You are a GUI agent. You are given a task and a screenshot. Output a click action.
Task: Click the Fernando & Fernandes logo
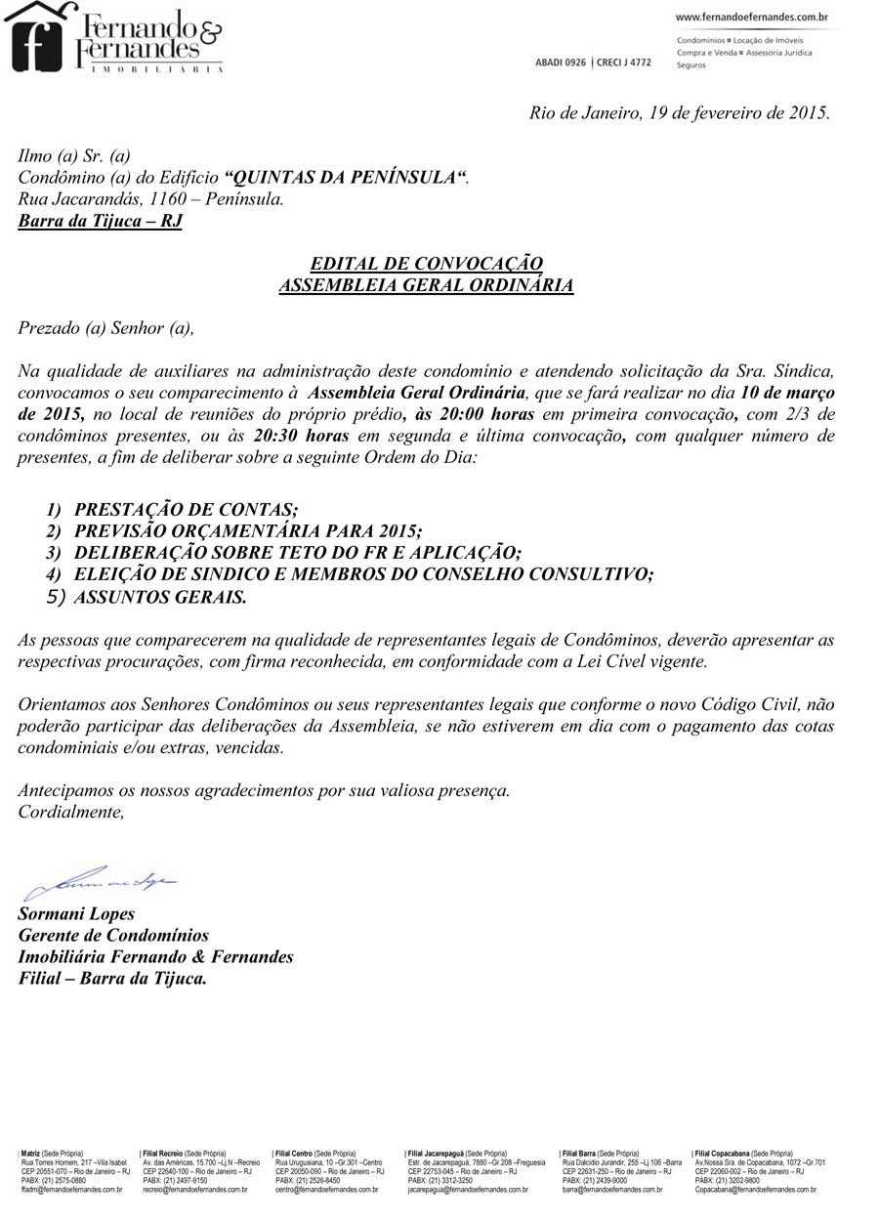click(115, 37)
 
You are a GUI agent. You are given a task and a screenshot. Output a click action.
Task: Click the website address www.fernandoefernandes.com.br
click(752, 17)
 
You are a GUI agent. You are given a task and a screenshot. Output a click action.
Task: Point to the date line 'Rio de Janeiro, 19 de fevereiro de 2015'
click(680, 112)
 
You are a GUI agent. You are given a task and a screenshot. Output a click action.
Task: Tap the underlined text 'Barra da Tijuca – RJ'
click(101, 221)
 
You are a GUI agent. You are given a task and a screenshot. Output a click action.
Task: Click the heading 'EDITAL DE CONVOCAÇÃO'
click(426, 264)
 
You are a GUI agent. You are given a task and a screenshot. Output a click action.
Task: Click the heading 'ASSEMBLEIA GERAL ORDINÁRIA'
click(426, 285)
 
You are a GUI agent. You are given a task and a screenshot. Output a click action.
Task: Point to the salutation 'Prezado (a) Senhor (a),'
click(106, 328)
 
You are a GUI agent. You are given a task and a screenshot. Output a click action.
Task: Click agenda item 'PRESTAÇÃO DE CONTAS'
click(186, 510)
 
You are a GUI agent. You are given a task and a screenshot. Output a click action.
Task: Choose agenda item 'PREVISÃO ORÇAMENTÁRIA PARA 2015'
click(248, 531)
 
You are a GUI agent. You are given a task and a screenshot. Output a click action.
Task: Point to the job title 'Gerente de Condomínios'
click(113, 936)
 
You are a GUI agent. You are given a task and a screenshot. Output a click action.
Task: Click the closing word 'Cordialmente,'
click(71, 812)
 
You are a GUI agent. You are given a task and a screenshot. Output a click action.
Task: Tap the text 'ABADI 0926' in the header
click(561, 63)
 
